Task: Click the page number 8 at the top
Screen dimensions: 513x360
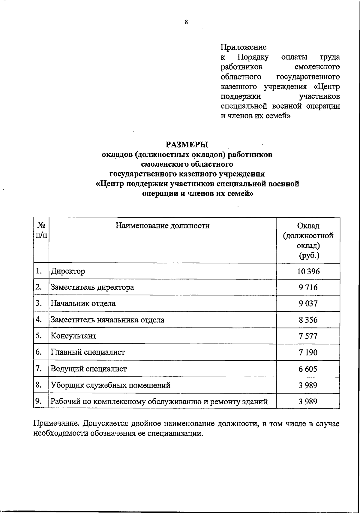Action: pyautogui.click(x=186, y=22)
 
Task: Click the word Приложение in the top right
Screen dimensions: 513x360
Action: pyautogui.click(x=243, y=47)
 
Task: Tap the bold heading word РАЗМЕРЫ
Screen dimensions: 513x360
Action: pyautogui.click(x=187, y=145)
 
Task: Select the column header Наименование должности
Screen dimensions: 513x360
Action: pyautogui.click(x=163, y=225)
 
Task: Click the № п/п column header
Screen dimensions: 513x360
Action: pyautogui.click(x=41, y=230)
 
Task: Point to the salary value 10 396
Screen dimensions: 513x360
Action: pyautogui.click(x=308, y=272)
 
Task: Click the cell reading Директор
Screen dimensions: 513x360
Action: pyautogui.click(x=68, y=271)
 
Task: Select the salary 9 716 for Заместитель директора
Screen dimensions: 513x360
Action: pyautogui.click(x=308, y=288)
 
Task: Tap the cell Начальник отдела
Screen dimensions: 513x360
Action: pyautogui.click(x=83, y=303)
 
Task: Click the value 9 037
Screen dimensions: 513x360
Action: pyautogui.click(x=308, y=304)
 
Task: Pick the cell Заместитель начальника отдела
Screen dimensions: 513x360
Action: pyautogui.click(x=107, y=320)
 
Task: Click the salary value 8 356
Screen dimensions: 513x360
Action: pyautogui.click(x=308, y=320)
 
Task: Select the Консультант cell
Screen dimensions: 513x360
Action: pyautogui.click(x=73, y=336)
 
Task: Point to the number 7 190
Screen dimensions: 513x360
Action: pyautogui.click(x=308, y=352)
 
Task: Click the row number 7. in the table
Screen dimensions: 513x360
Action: pyautogui.click(x=38, y=368)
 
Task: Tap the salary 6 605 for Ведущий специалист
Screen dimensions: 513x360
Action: pyautogui.click(x=308, y=369)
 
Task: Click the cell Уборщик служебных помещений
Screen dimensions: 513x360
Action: pyautogui.click(x=110, y=385)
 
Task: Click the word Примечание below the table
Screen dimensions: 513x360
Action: pyautogui.click(x=56, y=424)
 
